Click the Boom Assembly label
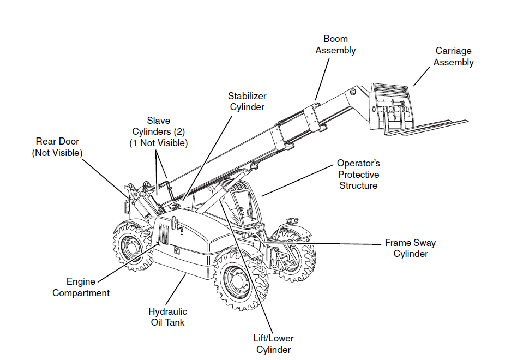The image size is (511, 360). (x=335, y=45)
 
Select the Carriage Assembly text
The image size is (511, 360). (x=453, y=57)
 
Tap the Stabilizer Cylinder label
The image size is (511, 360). (x=247, y=101)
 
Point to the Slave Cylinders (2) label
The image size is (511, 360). (x=158, y=132)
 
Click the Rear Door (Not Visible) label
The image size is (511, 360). (x=57, y=147)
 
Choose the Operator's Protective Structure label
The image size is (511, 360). (x=358, y=175)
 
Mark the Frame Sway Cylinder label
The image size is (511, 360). (x=410, y=248)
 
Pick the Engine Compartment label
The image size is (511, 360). (x=81, y=287)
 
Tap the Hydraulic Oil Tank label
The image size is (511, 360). (x=167, y=317)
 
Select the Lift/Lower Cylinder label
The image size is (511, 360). (x=273, y=344)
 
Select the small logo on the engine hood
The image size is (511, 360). (x=177, y=251)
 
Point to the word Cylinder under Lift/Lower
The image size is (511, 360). (x=273, y=350)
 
